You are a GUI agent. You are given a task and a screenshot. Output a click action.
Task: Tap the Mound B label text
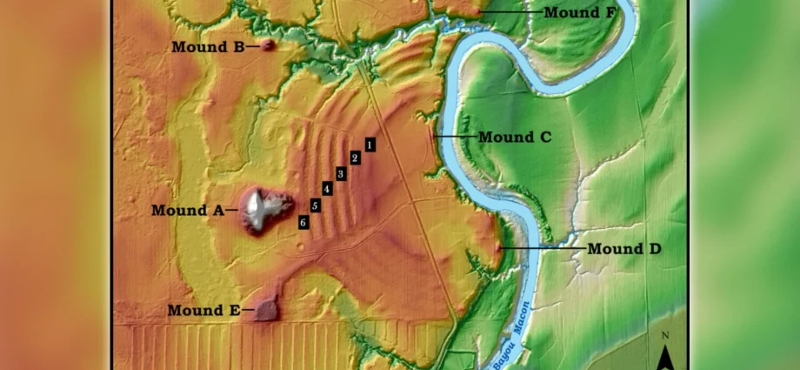[x=207, y=47]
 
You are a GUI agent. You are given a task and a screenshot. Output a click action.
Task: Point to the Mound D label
[x=623, y=249]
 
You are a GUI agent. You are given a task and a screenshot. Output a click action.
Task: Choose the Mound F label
[x=583, y=12]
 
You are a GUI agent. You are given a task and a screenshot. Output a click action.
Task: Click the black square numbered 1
[x=370, y=145]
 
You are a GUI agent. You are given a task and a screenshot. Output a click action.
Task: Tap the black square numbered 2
[x=355, y=158]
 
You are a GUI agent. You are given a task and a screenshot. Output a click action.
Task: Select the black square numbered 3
[x=341, y=174]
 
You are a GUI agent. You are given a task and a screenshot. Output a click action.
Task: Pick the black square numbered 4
[x=327, y=189]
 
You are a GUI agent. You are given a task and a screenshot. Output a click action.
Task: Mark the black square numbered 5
[x=315, y=205]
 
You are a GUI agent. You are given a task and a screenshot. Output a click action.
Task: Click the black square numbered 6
[x=303, y=223]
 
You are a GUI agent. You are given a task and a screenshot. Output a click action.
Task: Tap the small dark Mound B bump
[x=268, y=45]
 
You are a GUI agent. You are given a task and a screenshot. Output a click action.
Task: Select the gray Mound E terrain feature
[x=265, y=308]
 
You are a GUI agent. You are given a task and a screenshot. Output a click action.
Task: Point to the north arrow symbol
[x=665, y=356]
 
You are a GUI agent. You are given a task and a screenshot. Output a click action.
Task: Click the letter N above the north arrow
[x=665, y=336]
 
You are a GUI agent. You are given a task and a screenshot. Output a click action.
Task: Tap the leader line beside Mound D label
[x=539, y=248]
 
